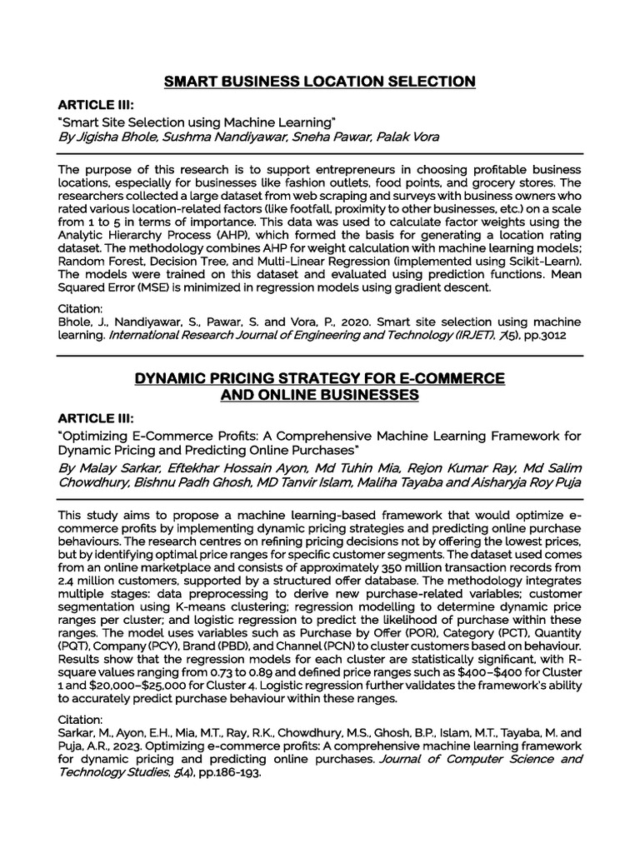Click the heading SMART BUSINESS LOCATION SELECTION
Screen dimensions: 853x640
[x=320, y=81]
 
